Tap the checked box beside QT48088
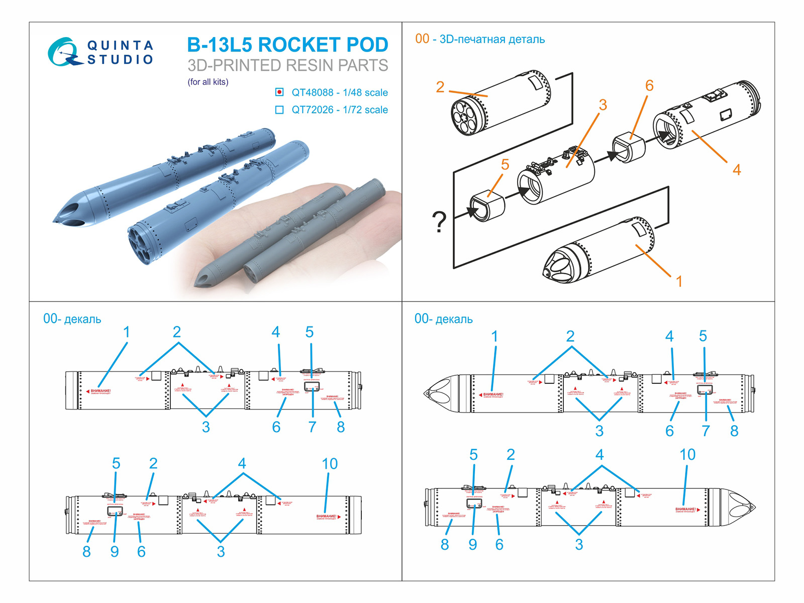[x=279, y=92]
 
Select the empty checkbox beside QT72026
[x=279, y=110]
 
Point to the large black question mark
[x=439, y=222]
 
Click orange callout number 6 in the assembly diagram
[x=649, y=86]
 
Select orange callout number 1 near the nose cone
[x=679, y=281]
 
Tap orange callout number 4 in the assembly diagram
[x=736, y=170]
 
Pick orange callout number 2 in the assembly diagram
[x=440, y=87]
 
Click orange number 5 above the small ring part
[x=505, y=165]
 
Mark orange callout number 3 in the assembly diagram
[x=602, y=105]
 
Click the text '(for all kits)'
[x=208, y=82]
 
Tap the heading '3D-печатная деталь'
[x=492, y=39]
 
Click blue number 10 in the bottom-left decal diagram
[x=330, y=464]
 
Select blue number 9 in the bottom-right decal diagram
[x=472, y=545]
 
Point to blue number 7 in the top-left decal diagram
[x=312, y=427]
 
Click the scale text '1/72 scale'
[x=365, y=110]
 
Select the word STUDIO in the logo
[x=120, y=60]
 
